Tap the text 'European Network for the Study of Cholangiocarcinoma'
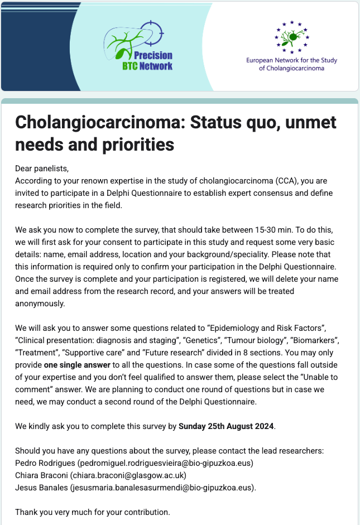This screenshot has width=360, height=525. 291,64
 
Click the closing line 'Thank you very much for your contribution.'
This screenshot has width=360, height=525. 92,512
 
